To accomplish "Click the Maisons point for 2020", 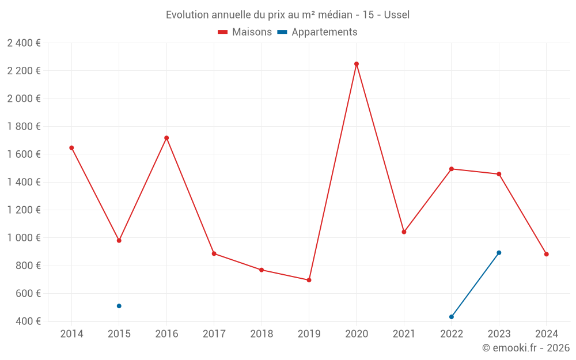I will coord(357,64).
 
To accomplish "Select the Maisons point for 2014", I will coord(71,147).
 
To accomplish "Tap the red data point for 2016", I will coord(166,138).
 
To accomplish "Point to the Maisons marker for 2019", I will coord(309,280).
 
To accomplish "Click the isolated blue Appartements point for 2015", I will coord(119,306).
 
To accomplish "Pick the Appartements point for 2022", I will coord(452,317).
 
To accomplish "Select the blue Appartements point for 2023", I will coord(499,253).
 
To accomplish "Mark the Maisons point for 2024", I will coord(547,254).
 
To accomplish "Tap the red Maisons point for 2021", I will coord(404,232).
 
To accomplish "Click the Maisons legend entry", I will coord(245,32).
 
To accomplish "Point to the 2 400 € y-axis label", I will coord(24,43).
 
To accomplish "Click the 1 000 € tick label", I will coord(24,238).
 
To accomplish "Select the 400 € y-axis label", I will coord(28,321).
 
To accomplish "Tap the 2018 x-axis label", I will coord(262,334).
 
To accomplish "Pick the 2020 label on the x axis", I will coord(357,334).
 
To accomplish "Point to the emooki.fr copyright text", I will coord(526,348).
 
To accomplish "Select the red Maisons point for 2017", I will coord(214,253).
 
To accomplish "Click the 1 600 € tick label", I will coord(24,154).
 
